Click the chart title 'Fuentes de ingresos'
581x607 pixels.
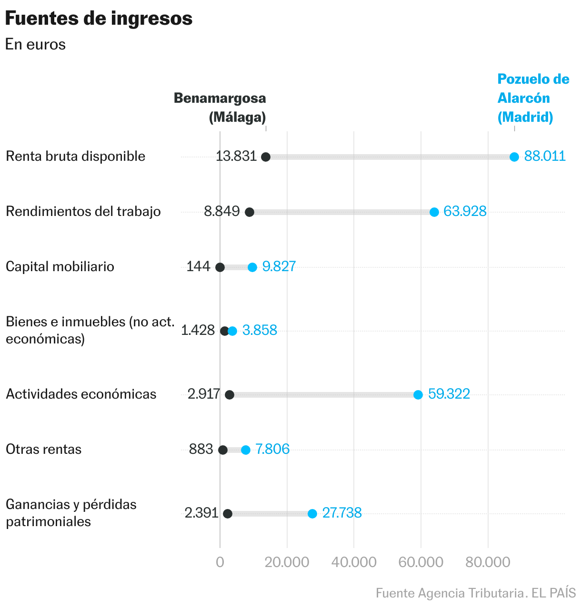point(99,19)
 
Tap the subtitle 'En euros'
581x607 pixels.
point(35,45)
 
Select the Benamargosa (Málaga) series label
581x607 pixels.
point(220,108)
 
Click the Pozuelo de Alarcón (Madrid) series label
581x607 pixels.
point(533,98)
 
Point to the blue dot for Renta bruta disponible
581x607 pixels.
point(514,157)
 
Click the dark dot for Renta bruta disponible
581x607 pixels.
point(266,157)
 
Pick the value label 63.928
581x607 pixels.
point(465,211)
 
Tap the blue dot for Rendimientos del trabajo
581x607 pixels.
point(434,212)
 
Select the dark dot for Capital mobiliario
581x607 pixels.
point(220,267)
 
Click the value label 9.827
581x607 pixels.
point(279,266)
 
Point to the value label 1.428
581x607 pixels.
point(198,330)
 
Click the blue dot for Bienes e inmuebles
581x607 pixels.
point(232,331)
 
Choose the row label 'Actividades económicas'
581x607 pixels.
point(81,394)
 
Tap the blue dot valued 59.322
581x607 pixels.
point(418,395)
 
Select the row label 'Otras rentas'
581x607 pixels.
point(44,449)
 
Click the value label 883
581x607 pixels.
point(201,449)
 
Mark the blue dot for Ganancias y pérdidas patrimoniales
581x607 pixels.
point(312,514)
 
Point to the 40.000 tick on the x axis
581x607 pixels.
point(354,562)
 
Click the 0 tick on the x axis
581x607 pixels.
point(220,562)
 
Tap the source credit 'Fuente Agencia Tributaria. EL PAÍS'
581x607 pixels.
point(475,593)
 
